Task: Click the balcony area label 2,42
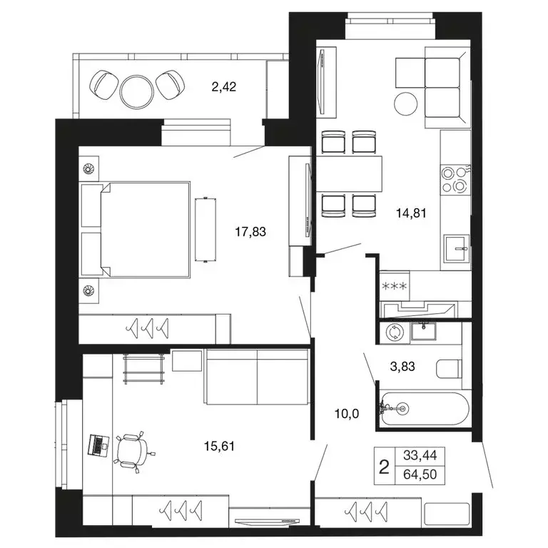pos(223,86)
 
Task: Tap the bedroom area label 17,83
pos(250,231)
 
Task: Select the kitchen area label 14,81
pos(411,213)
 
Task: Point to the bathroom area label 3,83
pos(402,366)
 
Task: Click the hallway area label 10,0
pos(347,414)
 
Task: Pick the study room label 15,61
pos(219,446)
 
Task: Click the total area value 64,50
pos(420,475)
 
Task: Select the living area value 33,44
pos(420,455)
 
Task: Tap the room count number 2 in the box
pos(384,467)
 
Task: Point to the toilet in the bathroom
pos(449,369)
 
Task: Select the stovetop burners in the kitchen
pos(455,179)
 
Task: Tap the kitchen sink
pos(456,248)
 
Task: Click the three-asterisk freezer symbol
pos(395,287)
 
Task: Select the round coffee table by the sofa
pos(405,103)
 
